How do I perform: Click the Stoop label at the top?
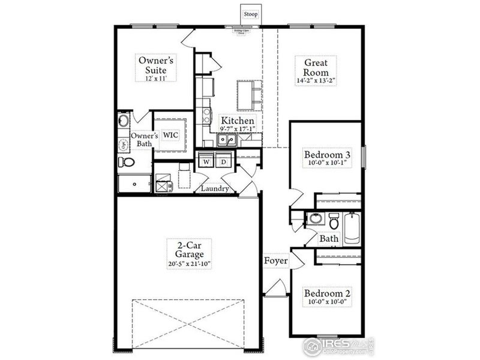click(x=250, y=13)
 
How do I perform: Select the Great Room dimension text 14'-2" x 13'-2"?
click(x=315, y=80)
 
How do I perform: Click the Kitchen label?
click(x=237, y=121)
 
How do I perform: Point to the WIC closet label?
click(x=173, y=135)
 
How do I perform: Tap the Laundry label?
click(x=215, y=188)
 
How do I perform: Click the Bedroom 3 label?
click(x=327, y=154)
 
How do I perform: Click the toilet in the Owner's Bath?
click(x=127, y=163)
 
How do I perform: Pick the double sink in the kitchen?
click(x=226, y=140)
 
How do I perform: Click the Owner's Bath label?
click(x=144, y=140)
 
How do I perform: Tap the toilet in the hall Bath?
click(x=333, y=223)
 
